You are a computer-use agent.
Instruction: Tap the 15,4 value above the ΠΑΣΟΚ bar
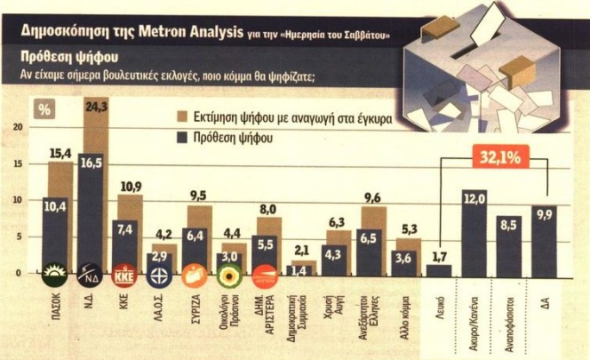coord(59,154)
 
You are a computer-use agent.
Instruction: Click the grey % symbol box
coord(43,110)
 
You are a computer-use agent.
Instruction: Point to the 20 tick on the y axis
coord(18,126)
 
